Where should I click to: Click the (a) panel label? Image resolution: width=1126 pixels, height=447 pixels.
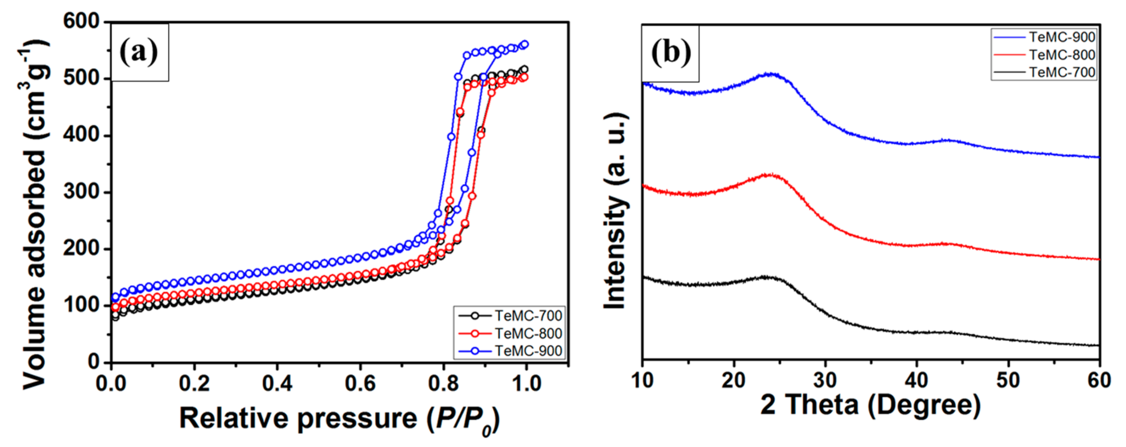pos(139,53)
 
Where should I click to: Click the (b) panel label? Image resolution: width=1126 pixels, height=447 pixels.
pos(671,53)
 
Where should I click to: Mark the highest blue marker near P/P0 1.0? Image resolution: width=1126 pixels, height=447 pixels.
pos(525,44)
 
